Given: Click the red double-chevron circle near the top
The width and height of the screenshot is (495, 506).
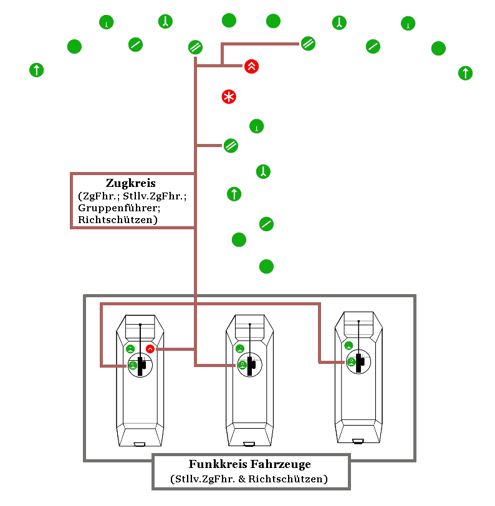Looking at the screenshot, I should tap(251, 66).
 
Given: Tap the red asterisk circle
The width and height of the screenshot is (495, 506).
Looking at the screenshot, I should tap(229, 97).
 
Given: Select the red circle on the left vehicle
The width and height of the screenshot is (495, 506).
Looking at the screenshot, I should tap(150, 348).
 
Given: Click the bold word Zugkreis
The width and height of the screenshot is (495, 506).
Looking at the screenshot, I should tap(131, 183).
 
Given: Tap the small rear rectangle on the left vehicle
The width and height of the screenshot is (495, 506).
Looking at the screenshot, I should tap(140, 444).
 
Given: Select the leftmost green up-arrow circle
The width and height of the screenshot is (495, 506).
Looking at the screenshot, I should tap(37, 70).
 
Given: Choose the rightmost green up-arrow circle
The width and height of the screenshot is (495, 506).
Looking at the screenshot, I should tap(465, 73).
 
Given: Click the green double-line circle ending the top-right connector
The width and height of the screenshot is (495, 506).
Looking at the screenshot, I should tap(308, 44).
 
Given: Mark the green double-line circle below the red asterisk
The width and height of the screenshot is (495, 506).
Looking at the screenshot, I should tap(230, 146).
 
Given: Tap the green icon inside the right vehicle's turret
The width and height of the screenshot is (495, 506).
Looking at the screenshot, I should tap(352, 361).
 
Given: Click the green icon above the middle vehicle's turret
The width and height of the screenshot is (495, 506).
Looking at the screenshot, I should tap(240, 348).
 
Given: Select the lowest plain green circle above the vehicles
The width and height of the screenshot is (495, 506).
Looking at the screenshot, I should tap(266, 267).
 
